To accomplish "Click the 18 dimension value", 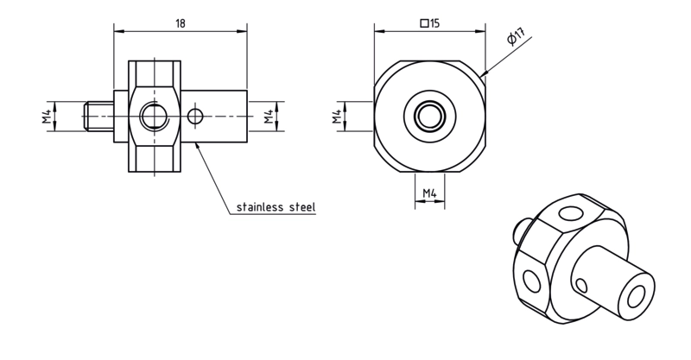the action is tap(181, 23).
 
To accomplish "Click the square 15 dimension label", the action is tap(430, 23).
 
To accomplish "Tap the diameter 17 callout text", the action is tap(516, 36).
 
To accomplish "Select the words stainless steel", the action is tap(276, 206).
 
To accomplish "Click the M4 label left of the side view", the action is tap(48, 117).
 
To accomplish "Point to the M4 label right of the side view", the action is tap(269, 117).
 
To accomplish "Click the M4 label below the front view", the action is tap(429, 193).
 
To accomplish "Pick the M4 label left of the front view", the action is tap(337, 117).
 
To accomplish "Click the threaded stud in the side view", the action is tap(98, 117).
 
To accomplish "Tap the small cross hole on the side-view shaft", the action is tap(195, 117).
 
